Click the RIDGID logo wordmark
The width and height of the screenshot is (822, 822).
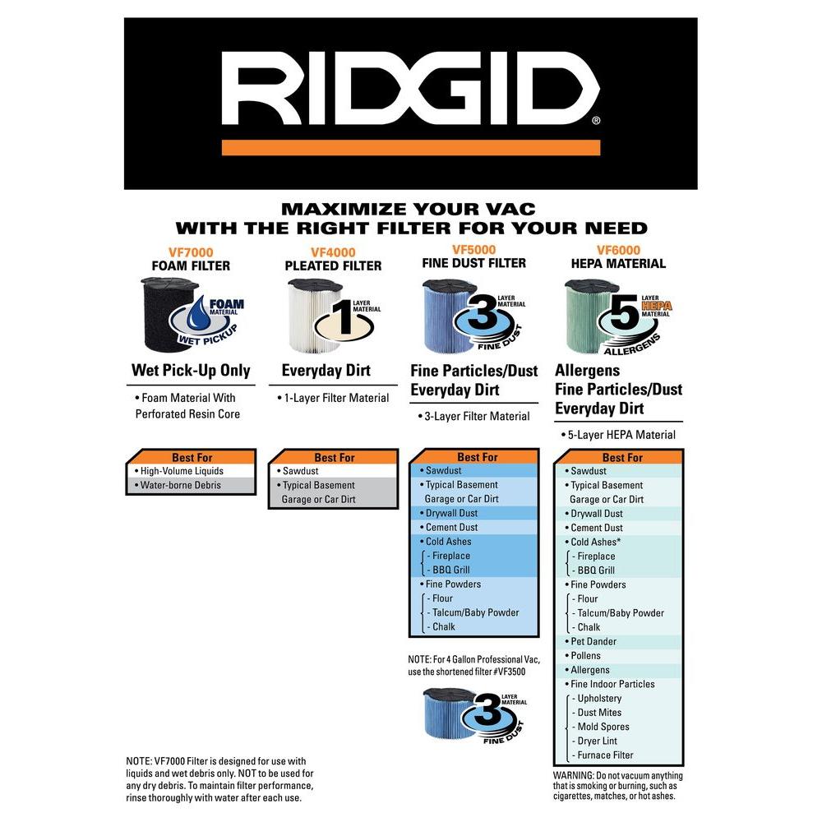click(410, 88)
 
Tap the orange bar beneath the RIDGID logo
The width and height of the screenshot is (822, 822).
click(411, 147)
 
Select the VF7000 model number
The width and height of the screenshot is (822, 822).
click(191, 252)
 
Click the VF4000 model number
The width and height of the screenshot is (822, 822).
click(333, 252)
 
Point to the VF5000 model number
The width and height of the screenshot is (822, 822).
click(474, 250)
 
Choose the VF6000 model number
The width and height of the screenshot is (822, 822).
click(619, 250)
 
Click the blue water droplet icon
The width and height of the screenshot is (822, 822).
click(199, 315)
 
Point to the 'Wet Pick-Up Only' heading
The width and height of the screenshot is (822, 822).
click(191, 370)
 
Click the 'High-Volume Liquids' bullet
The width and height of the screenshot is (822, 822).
click(182, 471)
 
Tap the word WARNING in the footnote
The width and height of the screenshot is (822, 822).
click(574, 775)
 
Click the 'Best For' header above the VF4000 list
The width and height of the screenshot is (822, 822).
click(335, 458)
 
